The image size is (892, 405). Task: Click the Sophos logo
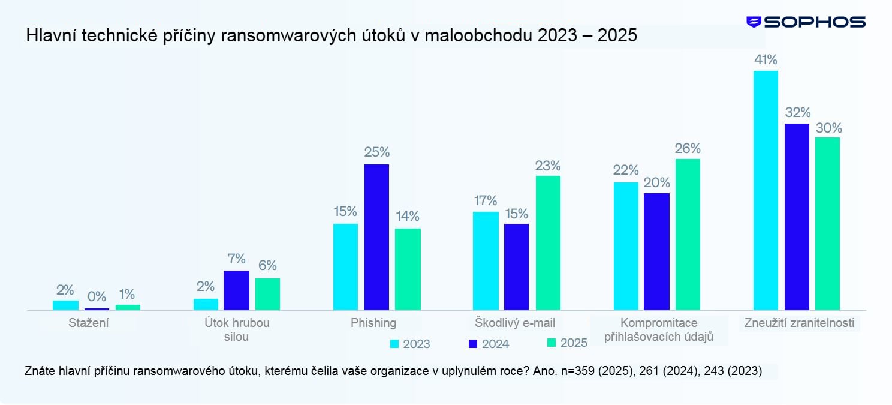point(806,22)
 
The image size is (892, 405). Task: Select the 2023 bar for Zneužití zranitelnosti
point(766,190)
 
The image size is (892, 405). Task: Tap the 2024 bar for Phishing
point(376,237)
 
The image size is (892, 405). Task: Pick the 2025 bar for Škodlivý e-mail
point(548,242)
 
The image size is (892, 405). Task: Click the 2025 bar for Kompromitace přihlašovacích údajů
point(688,234)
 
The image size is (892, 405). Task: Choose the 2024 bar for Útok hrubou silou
point(236,290)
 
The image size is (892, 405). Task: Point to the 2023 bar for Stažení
point(65,305)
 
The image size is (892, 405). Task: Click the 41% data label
point(766,59)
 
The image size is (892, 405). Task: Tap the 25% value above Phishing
point(376,152)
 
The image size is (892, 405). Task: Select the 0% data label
point(97,296)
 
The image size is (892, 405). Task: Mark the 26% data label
point(688,148)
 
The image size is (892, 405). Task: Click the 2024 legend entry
point(488,344)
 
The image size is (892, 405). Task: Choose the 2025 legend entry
point(567,343)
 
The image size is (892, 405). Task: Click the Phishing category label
point(373,323)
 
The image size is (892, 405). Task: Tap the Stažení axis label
point(89,323)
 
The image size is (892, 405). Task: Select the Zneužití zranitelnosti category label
point(799,323)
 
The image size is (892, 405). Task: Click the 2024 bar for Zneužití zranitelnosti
point(797,217)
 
